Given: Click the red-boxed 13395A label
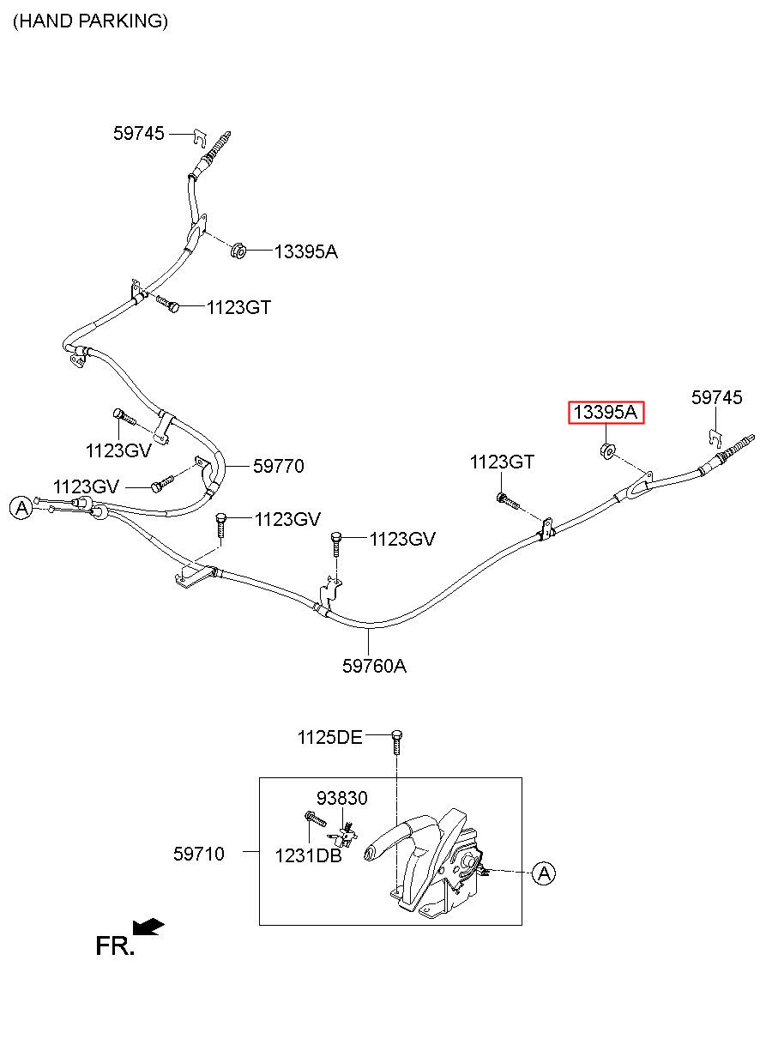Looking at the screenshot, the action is coord(606,413).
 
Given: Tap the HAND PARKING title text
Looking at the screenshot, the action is coord(90,21).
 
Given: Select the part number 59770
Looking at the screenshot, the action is coord(278,466).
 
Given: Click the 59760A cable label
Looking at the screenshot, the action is coord(374,666).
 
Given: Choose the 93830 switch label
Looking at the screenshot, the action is coord(342,798).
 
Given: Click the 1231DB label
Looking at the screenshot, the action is coord(308,855).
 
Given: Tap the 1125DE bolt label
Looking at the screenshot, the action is coord(329,737).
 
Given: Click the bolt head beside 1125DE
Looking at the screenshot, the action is coord(397,734).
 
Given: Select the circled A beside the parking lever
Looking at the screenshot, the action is coord(544,873).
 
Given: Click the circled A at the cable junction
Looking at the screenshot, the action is coord(21,508).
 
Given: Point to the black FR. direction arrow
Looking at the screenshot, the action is coord(148,927).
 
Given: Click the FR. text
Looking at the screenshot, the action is coord(115,946).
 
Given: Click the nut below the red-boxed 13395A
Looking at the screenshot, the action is coord(607,450).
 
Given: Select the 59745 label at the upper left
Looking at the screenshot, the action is coord(139,134).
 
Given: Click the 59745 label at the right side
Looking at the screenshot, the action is coord(716,397).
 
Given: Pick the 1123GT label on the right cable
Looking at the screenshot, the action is coord(502,462).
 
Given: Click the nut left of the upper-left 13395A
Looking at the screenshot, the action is coord(238,251).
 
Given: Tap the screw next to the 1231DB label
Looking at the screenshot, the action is coord(316,819).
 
